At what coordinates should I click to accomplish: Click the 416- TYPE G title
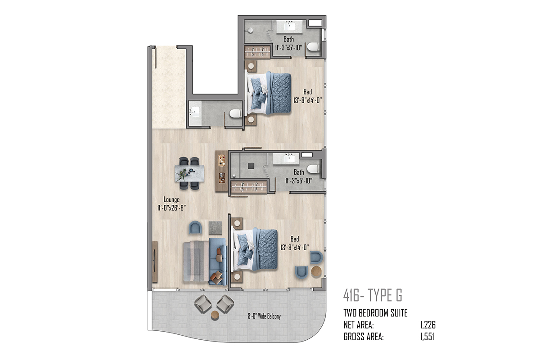pyautogui.click(x=373, y=295)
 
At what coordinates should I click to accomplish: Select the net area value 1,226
pyautogui.click(x=428, y=325)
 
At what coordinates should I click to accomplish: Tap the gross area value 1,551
pyautogui.click(x=427, y=337)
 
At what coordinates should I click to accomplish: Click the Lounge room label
pyautogui.click(x=171, y=200)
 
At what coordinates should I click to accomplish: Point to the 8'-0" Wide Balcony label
pyautogui.click(x=264, y=316)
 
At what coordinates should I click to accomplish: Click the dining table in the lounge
pyautogui.click(x=189, y=173)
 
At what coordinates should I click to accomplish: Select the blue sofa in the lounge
pyautogui.click(x=218, y=261)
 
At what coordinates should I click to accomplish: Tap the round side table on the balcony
pyautogui.click(x=215, y=315)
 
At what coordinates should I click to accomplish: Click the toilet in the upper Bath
pyautogui.click(x=313, y=46)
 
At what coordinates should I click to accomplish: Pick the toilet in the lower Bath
pyautogui.click(x=313, y=169)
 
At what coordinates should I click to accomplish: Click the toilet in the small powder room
pyautogui.click(x=235, y=113)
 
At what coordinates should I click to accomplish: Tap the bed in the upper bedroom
pyautogui.click(x=268, y=93)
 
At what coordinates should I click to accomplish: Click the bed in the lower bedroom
pyautogui.click(x=254, y=249)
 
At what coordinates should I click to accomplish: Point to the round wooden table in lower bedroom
pyautogui.click(x=316, y=271)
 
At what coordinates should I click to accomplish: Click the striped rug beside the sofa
pyautogui.click(x=196, y=261)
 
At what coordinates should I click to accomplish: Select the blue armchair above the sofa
pyautogui.click(x=195, y=228)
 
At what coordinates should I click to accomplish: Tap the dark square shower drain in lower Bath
pyautogui.click(x=251, y=166)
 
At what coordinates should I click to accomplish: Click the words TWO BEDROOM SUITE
pyautogui.click(x=375, y=313)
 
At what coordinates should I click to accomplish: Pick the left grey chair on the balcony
pyautogui.click(x=203, y=304)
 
